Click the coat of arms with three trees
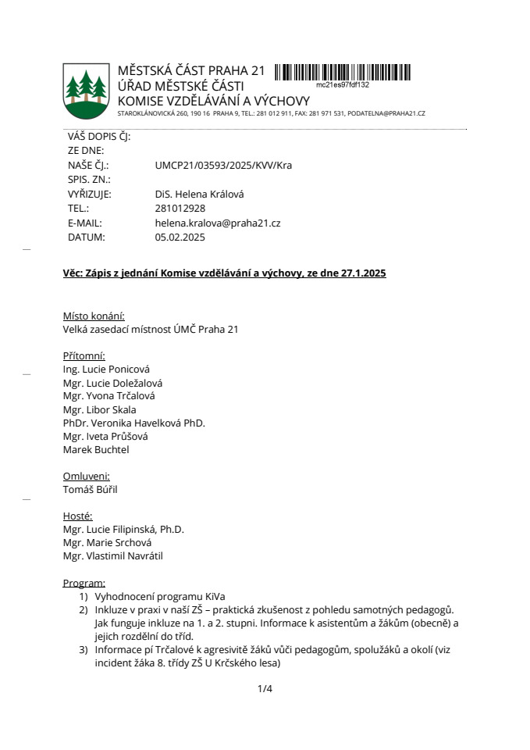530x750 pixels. pyautogui.click(x=87, y=90)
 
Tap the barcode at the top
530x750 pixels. pyautogui.click(x=344, y=73)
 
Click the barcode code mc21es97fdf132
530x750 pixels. pyautogui.click(x=343, y=84)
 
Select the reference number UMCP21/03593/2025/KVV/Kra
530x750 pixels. pyautogui.click(x=223, y=166)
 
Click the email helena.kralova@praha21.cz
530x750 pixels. pyautogui.click(x=218, y=223)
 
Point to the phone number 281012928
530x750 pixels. pyautogui.click(x=180, y=209)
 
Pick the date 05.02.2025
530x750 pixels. pyautogui.click(x=180, y=237)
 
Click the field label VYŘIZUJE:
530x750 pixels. pyautogui.click(x=90, y=195)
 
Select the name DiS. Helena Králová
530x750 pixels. pyautogui.click(x=200, y=195)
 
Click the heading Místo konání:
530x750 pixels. pyautogui.click(x=94, y=316)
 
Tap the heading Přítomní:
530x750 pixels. pyautogui.click(x=84, y=355)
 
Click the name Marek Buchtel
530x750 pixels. pyautogui.click(x=96, y=449)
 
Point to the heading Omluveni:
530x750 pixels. pyautogui.click(x=86, y=476)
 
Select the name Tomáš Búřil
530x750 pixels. pyautogui.click(x=90, y=489)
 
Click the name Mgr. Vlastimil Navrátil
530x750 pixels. pyautogui.click(x=113, y=556)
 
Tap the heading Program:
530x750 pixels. pyautogui.click(x=84, y=583)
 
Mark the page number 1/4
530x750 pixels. pyautogui.click(x=265, y=688)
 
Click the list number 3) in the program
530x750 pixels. pyautogui.click(x=83, y=650)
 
